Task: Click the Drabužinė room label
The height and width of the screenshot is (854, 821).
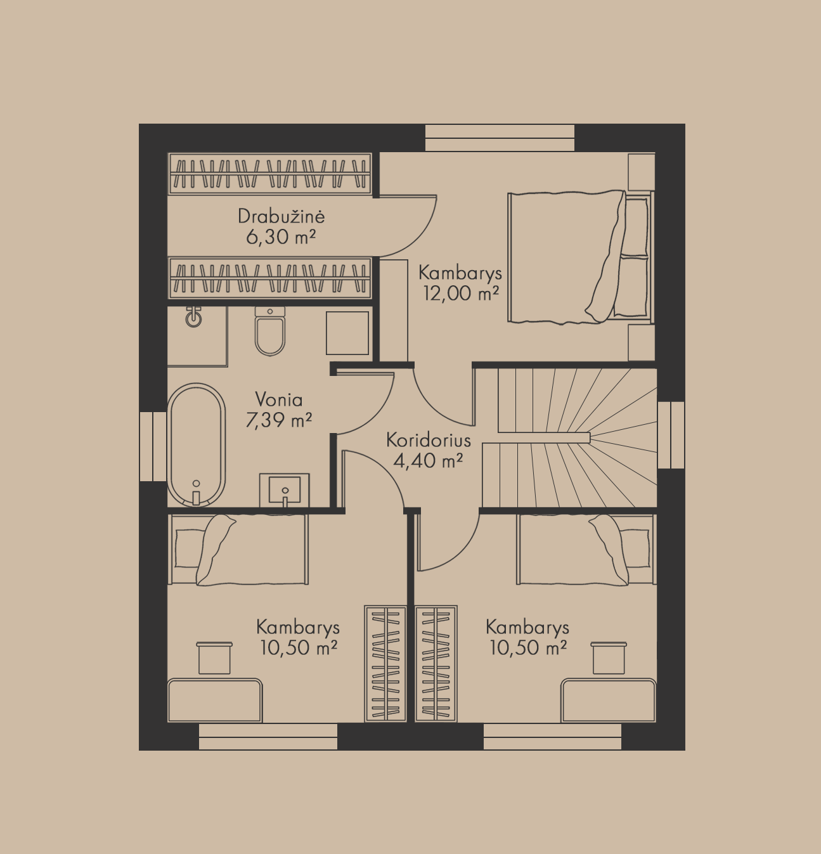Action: pyautogui.click(x=281, y=216)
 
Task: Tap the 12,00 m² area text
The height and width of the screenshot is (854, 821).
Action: pyautogui.click(x=461, y=293)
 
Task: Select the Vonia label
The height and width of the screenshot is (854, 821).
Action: pyautogui.click(x=279, y=400)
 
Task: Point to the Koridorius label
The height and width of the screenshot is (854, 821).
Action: pyautogui.click(x=429, y=440)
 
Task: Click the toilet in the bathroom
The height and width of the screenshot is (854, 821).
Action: pyautogui.click(x=270, y=331)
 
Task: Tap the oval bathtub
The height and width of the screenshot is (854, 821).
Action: pyautogui.click(x=196, y=445)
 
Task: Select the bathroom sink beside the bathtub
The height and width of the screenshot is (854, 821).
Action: pyautogui.click(x=285, y=490)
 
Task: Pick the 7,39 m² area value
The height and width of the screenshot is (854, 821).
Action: pyautogui.click(x=279, y=420)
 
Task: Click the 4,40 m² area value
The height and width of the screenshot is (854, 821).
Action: pyautogui.click(x=428, y=461)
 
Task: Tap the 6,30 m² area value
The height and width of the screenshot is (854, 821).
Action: pyautogui.click(x=281, y=237)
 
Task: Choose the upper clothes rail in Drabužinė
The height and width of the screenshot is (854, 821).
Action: pyautogui.click(x=270, y=173)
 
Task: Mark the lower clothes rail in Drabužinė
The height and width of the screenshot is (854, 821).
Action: pyautogui.click(x=270, y=278)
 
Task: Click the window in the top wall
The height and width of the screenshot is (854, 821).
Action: pyautogui.click(x=500, y=138)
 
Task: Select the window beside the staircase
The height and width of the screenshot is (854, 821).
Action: pyautogui.click(x=671, y=435)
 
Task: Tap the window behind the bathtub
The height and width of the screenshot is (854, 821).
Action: pyautogui.click(x=153, y=446)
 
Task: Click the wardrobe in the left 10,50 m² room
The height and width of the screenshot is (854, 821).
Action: pyautogui.click(x=385, y=664)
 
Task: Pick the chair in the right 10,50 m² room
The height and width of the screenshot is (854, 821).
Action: pyautogui.click(x=609, y=658)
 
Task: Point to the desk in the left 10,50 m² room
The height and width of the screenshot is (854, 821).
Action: pyautogui.click(x=215, y=701)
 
